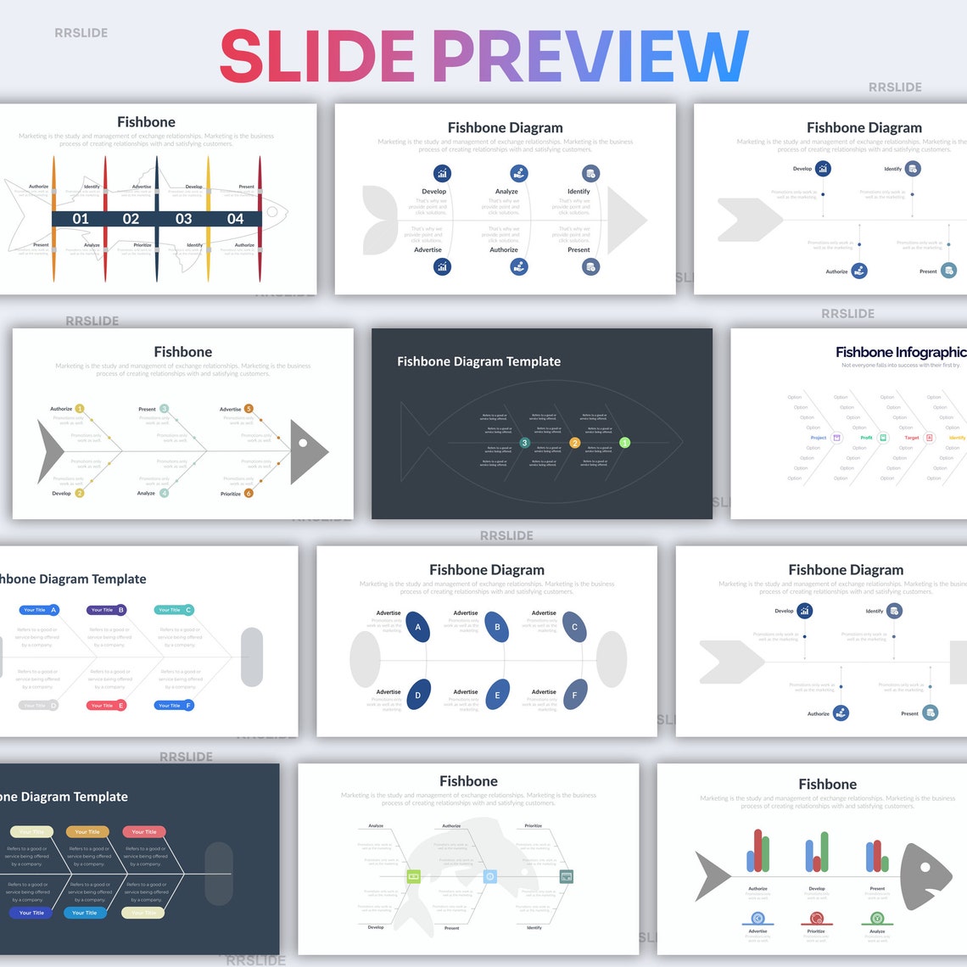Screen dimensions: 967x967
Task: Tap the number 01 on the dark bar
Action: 81,219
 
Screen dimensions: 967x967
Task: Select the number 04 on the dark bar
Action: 235,219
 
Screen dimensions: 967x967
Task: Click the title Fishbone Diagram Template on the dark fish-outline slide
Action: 478,361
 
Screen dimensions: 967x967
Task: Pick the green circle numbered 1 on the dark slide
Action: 625,443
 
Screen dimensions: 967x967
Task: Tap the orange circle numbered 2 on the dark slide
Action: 574,443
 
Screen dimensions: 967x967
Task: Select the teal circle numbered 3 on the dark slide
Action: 524,443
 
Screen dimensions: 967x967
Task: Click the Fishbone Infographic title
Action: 900,352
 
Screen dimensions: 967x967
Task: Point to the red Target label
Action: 912,438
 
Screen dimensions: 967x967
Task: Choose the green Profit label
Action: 866,438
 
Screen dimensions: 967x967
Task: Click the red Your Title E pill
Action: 106,706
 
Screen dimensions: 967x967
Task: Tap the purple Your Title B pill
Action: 106,610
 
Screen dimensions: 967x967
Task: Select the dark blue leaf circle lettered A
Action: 417,628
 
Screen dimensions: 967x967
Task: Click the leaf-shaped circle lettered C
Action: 574,628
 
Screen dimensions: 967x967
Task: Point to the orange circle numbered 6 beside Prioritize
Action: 249,493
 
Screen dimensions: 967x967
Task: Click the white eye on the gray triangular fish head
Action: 303,443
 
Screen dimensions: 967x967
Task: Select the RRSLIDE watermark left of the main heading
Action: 81,33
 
